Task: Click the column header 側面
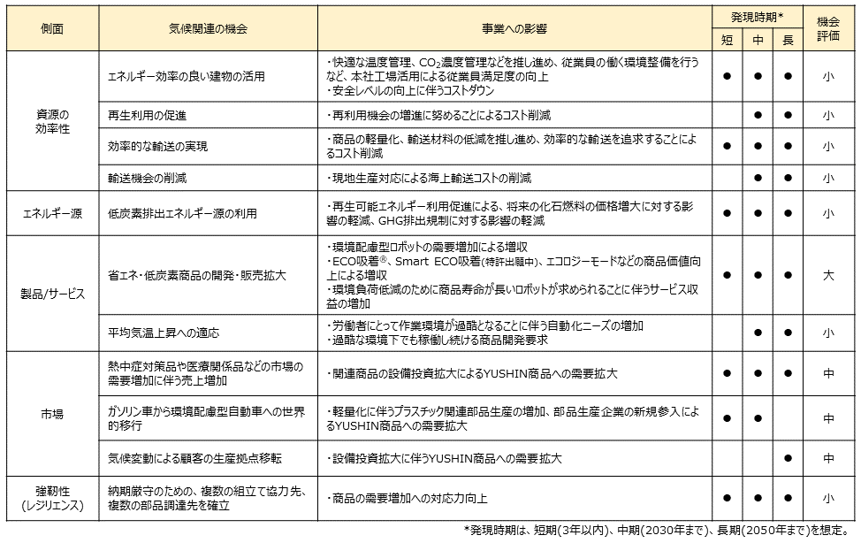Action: click(x=52, y=28)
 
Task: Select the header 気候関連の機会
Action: click(x=208, y=28)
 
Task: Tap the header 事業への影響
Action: click(x=515, y=28)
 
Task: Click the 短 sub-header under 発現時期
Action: click(x=727, y=40)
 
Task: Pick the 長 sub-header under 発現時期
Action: click(x=788, y=40)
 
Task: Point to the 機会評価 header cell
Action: click(x=828, y=28)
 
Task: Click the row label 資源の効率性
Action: click(x=52, y=121)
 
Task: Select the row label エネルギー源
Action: click(x=52, y=213)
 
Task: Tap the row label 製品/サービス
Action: click(x=52, y=294)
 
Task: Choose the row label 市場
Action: click(x=52, y=413)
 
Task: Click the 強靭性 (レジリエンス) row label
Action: click(x=52, y=498)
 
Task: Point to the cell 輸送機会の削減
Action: click(x=147, y=178)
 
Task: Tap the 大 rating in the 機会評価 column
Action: click(x=828, y=275)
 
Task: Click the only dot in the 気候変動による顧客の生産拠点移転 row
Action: click(x=788, y=458)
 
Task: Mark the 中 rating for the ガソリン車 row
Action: click(x=828, y=418)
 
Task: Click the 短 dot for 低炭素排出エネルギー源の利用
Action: click(x=727, y=213)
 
